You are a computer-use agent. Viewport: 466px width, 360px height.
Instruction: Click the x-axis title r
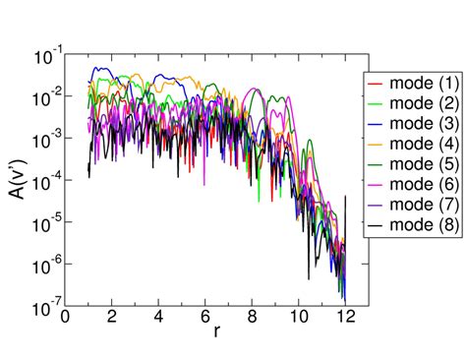coord(216,333)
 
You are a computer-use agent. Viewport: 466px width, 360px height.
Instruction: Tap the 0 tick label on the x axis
coord(66,318)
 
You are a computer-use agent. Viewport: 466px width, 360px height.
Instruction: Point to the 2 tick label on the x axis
coord(112,318)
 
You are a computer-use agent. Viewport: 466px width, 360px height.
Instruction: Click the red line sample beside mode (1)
coord(377,81)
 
